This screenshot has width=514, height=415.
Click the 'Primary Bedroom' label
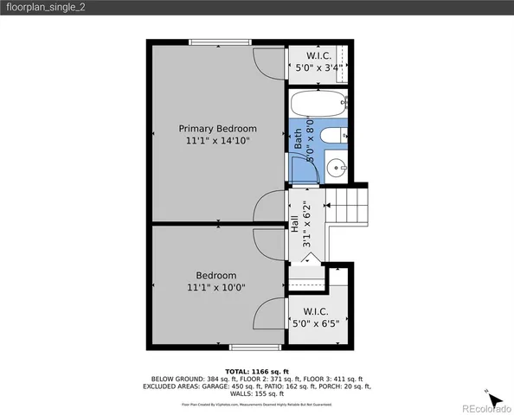pos(217,128)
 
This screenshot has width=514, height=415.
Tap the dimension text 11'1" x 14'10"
pos(217,140)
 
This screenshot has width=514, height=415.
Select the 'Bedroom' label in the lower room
pos(215,276)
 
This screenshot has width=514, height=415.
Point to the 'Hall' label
pos(294,223)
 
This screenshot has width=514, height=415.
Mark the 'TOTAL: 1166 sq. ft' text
pos(256,371)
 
